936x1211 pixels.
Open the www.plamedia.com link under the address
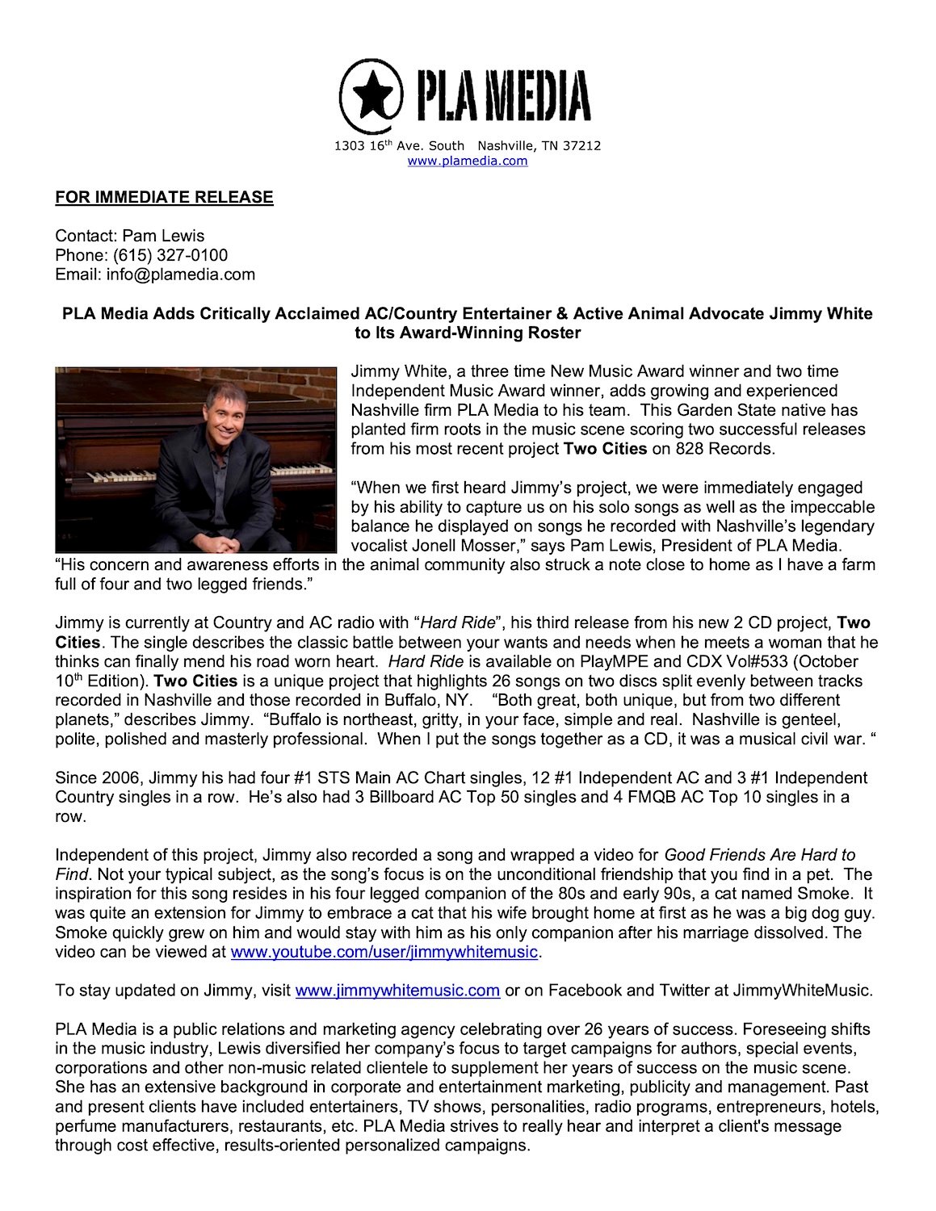click(x=468, y=161)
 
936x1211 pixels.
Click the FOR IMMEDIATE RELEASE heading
click(x=164, y=198)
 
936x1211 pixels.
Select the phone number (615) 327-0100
click(x=170, y=255)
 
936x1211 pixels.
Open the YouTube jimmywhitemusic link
click(x=384, y=952)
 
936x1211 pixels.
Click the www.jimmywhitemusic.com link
click(x=397, y=991)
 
